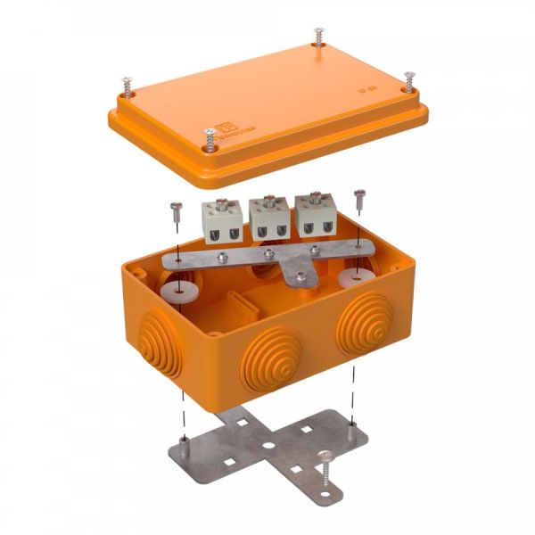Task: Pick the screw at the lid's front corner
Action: (x=210, y=136)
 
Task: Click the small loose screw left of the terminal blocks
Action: (x=176, y=211)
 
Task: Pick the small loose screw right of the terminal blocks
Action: (x=359, y=198)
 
